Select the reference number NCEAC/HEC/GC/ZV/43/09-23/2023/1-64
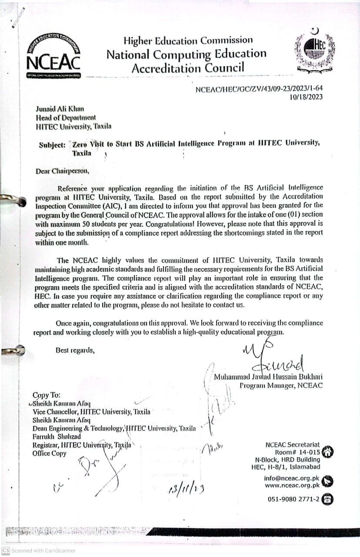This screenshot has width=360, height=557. (x=259, y=89)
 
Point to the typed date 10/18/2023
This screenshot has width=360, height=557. (x=306, y=97)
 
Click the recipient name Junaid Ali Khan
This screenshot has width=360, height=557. (x=60, y=109)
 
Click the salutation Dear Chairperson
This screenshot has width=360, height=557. (x=63, y=171)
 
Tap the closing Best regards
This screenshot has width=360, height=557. (x=75, y=349)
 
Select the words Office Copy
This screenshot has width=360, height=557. (x=50, y=453)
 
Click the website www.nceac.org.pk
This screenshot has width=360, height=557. (x=292, y=485)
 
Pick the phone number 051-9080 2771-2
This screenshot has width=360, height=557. (x=293, y=499)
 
